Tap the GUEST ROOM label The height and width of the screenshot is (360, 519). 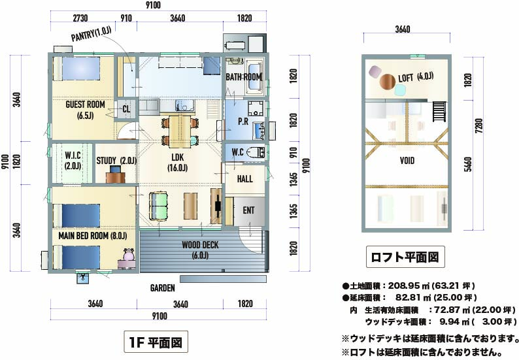[x=85, y=105]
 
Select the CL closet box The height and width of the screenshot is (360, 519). [x=126, y=109]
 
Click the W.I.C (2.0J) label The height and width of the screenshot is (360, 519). [x=73, y=161]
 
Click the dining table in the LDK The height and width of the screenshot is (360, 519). [x=180, y=131]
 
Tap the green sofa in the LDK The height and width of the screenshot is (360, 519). [x=159, y=205]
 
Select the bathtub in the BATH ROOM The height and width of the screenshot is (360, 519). [x=254, y=76]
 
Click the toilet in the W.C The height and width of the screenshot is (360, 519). [x=256, y=152]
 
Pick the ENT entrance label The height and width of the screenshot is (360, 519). [x=248, y=210]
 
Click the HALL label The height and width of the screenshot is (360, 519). [x=245, y=179]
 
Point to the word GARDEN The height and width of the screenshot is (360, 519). [x=163, y=288]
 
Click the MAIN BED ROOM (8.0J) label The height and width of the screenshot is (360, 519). [x=93, y=236]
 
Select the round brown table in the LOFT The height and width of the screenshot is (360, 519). [x=388, y=82]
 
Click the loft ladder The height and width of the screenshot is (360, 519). [x=439, y=112]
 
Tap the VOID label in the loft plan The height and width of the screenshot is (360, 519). [x=407, y=161]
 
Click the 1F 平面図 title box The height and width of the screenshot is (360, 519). [x=156, y=342]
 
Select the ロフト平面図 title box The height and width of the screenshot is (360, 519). [x=405, y=257]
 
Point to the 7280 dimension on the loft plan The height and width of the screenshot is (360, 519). [x=478, y=125]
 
